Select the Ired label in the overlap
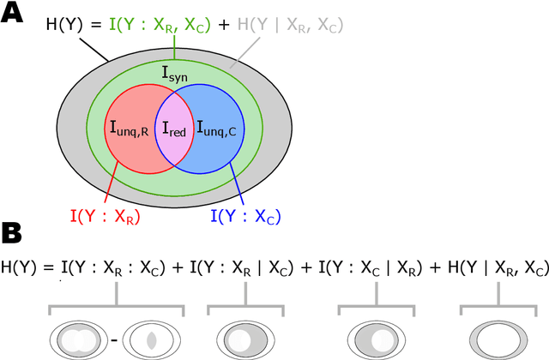(174, 131)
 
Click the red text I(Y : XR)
(105, 216)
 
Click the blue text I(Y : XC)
(245, 216)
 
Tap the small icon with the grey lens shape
(149, 338)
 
